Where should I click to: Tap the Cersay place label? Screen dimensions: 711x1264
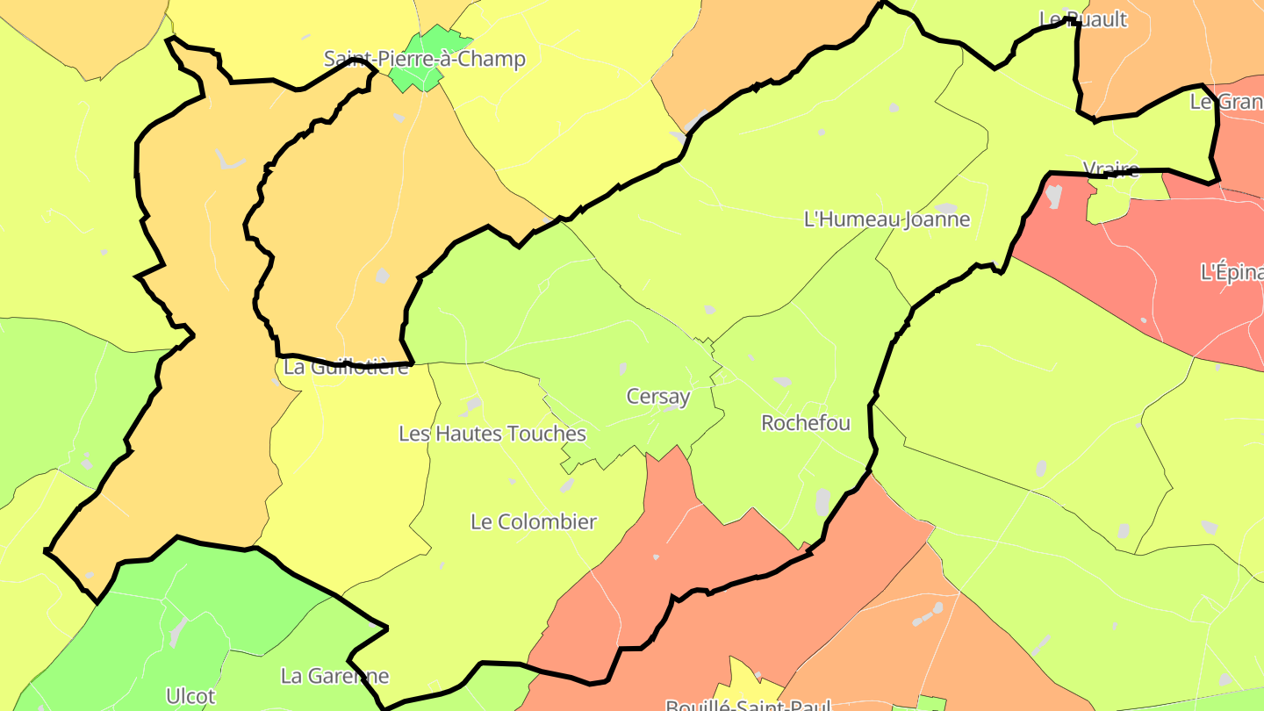click(x=658, y=397)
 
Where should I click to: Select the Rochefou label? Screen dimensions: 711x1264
click(x=805, y=423)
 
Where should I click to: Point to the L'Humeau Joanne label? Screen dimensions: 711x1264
click(x=887, y=219)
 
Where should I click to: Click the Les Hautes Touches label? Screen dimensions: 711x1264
click(x=492, y=434)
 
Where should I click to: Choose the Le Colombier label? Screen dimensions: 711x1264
click(x=533, y=521)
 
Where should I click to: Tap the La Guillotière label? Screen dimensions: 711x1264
click(x=346, y=367)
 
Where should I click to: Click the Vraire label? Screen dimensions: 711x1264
click(x=1110, y=169)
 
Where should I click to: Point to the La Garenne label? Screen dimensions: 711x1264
click(x=334, y=676)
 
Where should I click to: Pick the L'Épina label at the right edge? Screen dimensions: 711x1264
click(x=1231, y=273)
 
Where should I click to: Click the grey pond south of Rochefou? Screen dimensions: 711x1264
click(x=822, y=502)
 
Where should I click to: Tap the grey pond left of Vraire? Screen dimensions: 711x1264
click(x=1053, y=196)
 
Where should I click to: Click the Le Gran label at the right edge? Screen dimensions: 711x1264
click(x=1226, y=102)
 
